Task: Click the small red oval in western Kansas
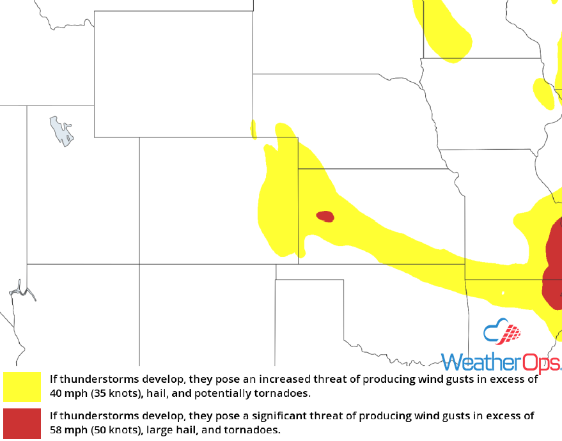325,216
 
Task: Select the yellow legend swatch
22,387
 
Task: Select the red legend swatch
22,422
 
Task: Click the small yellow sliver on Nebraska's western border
254,130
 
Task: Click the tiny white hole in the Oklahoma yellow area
503,293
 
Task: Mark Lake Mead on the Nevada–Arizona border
23,291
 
